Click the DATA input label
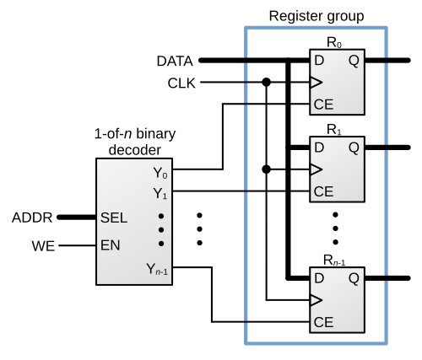point(175,61)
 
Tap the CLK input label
point(181,83)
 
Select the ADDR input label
point(32,218)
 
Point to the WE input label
point(43,246)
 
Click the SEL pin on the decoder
point(114,218)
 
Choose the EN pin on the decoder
point(111,245)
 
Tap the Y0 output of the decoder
point(160,173)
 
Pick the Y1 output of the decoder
point(160,194)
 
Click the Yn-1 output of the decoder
point(157,269)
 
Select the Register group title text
point(316,16)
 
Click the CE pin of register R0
point(323,105)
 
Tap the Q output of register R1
point(354,148)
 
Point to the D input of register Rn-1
point(319,278)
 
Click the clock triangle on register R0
point(316,83)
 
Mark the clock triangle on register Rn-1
point(316,300)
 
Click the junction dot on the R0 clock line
point(266,83)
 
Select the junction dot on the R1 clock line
point(266,169)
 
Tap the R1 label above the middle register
point(334,130)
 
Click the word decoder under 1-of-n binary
point(135,150)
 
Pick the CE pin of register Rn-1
point(323,322)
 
